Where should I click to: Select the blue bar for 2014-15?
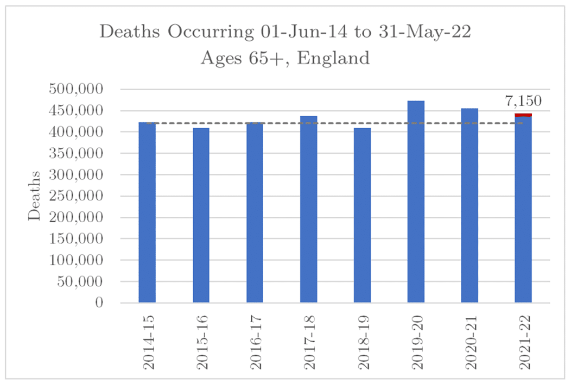pos(147,212)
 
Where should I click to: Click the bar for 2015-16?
pos(201,215)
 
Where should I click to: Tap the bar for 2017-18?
pos(308,209)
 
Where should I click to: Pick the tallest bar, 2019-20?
pos(416,202)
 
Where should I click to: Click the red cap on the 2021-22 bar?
pos(523,115)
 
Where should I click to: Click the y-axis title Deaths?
pos(35,196)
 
